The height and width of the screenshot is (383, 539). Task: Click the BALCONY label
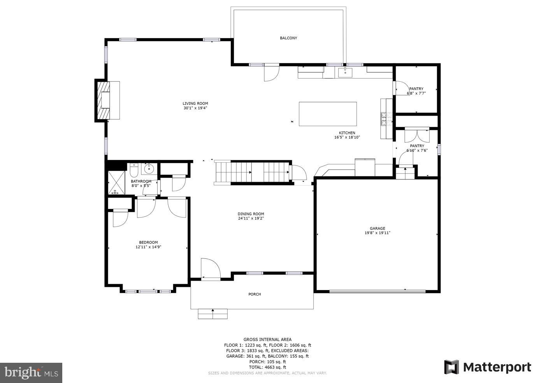(288, 38)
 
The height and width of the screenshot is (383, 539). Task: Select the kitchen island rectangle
(328, 114)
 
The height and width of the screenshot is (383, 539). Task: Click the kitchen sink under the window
(345, 72)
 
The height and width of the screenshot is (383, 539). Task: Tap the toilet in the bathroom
(134, 170)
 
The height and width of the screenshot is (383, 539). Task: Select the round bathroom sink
(149, 169)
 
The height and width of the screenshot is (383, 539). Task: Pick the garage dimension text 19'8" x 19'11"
(377, 233)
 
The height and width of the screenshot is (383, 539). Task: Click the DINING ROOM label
(251, 214)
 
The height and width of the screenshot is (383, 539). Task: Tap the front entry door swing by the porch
(211, 269)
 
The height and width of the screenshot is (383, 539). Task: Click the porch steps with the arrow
(212, 314)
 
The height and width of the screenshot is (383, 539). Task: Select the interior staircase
(252, 172)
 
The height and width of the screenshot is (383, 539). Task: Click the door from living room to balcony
(271, 73)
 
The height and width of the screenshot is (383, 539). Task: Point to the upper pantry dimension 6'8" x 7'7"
(416, 93)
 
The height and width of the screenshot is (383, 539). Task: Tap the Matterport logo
(487, 367)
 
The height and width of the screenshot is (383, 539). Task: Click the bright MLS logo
(31, 373)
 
